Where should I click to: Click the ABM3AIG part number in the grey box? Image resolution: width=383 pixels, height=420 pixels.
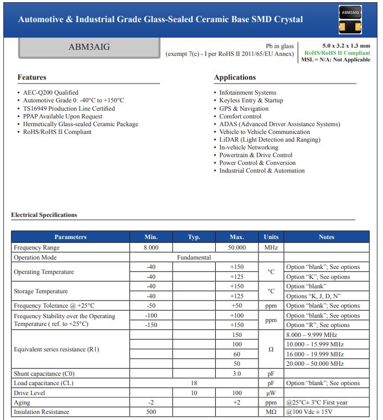[x=89, y=47]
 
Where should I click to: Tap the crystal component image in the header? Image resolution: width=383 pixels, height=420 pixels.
[x=350, y=19]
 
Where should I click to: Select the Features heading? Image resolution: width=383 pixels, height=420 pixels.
[x=32, y=77]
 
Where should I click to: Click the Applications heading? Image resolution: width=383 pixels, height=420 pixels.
[x=235, y=77]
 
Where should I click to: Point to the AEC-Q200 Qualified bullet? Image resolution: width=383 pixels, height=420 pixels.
[x=50, y=92]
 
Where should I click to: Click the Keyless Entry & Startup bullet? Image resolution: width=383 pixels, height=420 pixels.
[x=251, y=101]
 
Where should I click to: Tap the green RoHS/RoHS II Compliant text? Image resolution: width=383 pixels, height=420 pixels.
[x=337, y=53]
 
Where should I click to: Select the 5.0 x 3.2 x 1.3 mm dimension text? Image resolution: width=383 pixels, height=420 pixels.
[x=346, y=45]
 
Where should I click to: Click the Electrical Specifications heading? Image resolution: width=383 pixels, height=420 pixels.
[x=44, y=215]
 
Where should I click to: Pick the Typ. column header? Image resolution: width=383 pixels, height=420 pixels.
[x=194, y=237]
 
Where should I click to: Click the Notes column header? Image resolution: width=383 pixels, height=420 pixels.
[x=327, y=237]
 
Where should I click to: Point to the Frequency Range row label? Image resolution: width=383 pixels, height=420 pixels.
[x=37, y=247]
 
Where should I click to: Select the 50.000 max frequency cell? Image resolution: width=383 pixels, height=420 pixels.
[x=237, y=247]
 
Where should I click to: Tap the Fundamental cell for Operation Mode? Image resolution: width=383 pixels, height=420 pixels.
[x=194, y=257]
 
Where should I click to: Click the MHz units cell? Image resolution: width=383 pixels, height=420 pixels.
[x=271, y=247]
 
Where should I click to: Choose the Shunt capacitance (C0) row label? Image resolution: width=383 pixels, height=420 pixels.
[x=44, y=374]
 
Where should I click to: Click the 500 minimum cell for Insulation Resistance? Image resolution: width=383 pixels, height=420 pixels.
[x=151, y=412]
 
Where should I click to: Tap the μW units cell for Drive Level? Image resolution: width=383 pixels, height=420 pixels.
[x=271, y=393]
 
